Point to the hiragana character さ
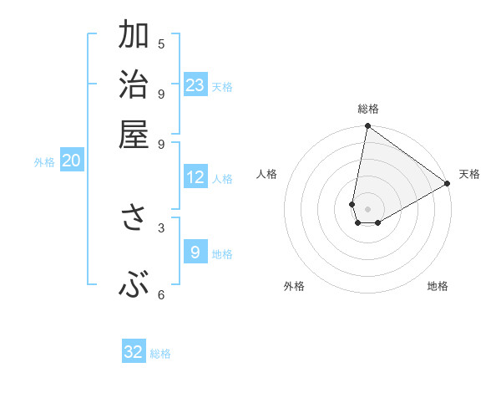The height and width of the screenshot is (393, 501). coord(134,217)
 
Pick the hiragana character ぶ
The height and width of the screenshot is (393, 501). coord(134,286)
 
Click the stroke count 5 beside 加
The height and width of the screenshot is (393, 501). coord(161,44)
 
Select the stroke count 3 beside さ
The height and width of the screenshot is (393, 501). coord(161,227)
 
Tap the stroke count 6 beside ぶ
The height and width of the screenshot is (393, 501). coord(161,295)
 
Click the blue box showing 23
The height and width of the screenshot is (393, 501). coord(195,85)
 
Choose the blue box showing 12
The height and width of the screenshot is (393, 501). coord(195,177)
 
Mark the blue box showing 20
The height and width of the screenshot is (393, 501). coord(71,161)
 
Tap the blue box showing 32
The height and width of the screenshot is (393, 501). coord(134,352)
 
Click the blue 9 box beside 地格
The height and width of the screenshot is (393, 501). coord(195,253)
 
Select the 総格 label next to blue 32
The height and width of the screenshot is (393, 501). coord(160,354)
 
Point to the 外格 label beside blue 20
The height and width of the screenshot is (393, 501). coord(44,163)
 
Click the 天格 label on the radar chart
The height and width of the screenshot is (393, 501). coord(469,174)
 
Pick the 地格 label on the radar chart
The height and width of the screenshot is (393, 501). coord(438,286)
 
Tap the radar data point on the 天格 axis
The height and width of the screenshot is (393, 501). coord(448,184)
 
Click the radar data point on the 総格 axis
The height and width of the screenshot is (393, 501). coord(367,126)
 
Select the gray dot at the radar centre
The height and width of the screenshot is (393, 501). coord(367,209)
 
